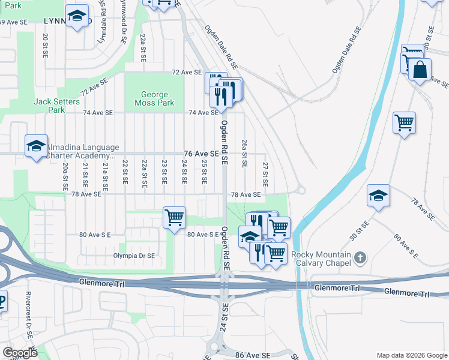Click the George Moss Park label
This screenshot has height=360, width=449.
[x=157, y=98]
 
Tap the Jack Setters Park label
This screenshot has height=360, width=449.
[x=57, y=106]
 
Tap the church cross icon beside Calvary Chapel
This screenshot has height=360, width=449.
[x=360, y=259]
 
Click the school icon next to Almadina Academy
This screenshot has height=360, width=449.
[x=35, y=146]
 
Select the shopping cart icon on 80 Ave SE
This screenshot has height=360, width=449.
[x=174, y=217]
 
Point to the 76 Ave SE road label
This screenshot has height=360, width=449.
[x=200, y=154]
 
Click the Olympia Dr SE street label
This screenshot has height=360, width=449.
[x=134, y=255]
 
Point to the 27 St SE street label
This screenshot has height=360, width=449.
[x=265, y=173]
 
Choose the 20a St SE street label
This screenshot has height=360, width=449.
[x=65, y=178]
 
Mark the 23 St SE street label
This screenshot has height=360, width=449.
[x=164, y=172]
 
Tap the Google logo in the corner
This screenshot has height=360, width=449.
[x=20, y=352]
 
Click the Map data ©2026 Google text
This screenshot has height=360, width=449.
[x=411, y=355]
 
